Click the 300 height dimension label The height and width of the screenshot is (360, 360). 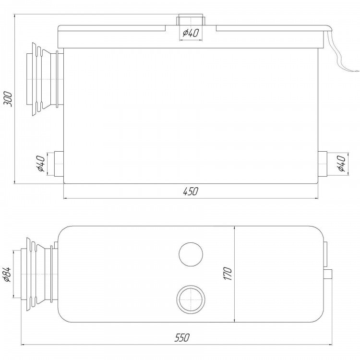click(x=9, y=99)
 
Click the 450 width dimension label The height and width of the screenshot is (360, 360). click(x=191, y=191)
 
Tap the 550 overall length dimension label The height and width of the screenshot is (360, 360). click(x=182, y=338)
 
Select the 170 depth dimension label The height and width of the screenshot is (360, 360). click(x=228, y=274)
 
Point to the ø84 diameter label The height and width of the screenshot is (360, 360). click(x=7, y=275)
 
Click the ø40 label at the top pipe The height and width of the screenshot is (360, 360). click(x=191, y=33)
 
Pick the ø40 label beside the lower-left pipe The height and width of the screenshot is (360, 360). click(x=40, y=163)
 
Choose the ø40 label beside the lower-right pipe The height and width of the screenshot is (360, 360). click(x=341, y=163)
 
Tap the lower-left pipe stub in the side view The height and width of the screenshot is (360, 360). click(x=59, y=164)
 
